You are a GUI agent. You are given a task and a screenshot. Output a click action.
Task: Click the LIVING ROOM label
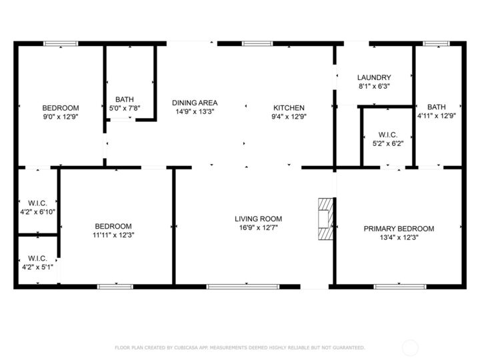258,219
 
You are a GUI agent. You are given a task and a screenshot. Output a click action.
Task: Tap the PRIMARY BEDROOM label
398,229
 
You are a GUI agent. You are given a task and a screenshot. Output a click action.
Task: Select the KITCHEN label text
289,107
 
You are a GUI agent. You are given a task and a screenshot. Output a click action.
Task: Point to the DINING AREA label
195,103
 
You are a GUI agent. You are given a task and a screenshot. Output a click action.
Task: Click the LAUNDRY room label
374,77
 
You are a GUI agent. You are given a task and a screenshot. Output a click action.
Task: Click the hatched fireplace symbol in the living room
325,218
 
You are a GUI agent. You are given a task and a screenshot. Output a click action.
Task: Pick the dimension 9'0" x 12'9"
61,117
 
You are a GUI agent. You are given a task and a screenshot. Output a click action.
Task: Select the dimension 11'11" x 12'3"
113,235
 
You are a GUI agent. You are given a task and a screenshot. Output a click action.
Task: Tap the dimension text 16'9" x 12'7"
258,227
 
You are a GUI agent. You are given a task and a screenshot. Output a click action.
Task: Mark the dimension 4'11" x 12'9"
437,115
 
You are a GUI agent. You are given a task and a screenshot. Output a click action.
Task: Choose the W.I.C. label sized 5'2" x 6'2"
388,133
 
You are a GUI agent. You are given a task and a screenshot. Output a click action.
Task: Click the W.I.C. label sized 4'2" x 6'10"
37,203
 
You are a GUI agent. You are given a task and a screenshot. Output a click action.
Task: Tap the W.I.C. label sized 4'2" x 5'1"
37,258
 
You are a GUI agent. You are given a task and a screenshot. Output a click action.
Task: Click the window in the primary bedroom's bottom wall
391,287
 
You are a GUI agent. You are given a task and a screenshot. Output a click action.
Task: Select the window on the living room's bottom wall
231,287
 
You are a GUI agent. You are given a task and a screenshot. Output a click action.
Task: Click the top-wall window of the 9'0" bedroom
61,44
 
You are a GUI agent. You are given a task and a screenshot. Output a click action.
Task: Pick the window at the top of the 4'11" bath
437,44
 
